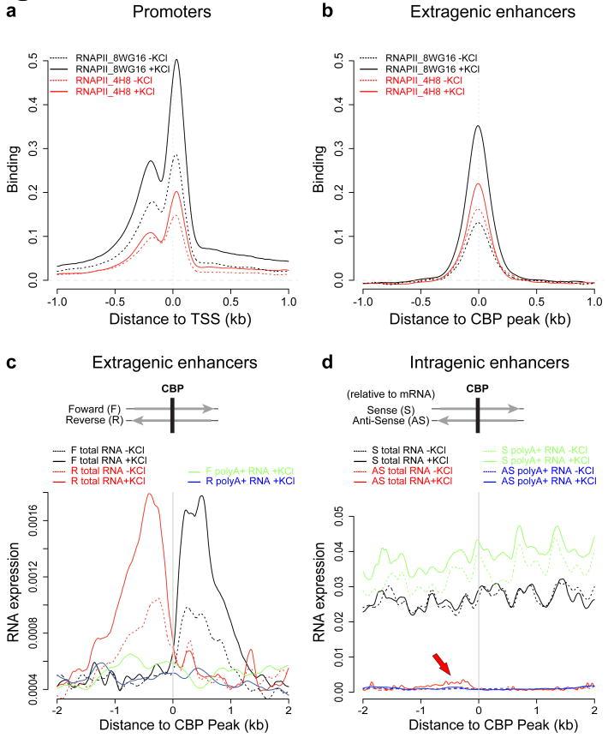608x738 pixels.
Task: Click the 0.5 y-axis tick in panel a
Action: coord(33,63)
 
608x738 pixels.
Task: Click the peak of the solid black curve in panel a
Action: coord(176,60)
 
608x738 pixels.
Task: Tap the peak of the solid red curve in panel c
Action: coord(150,494)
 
